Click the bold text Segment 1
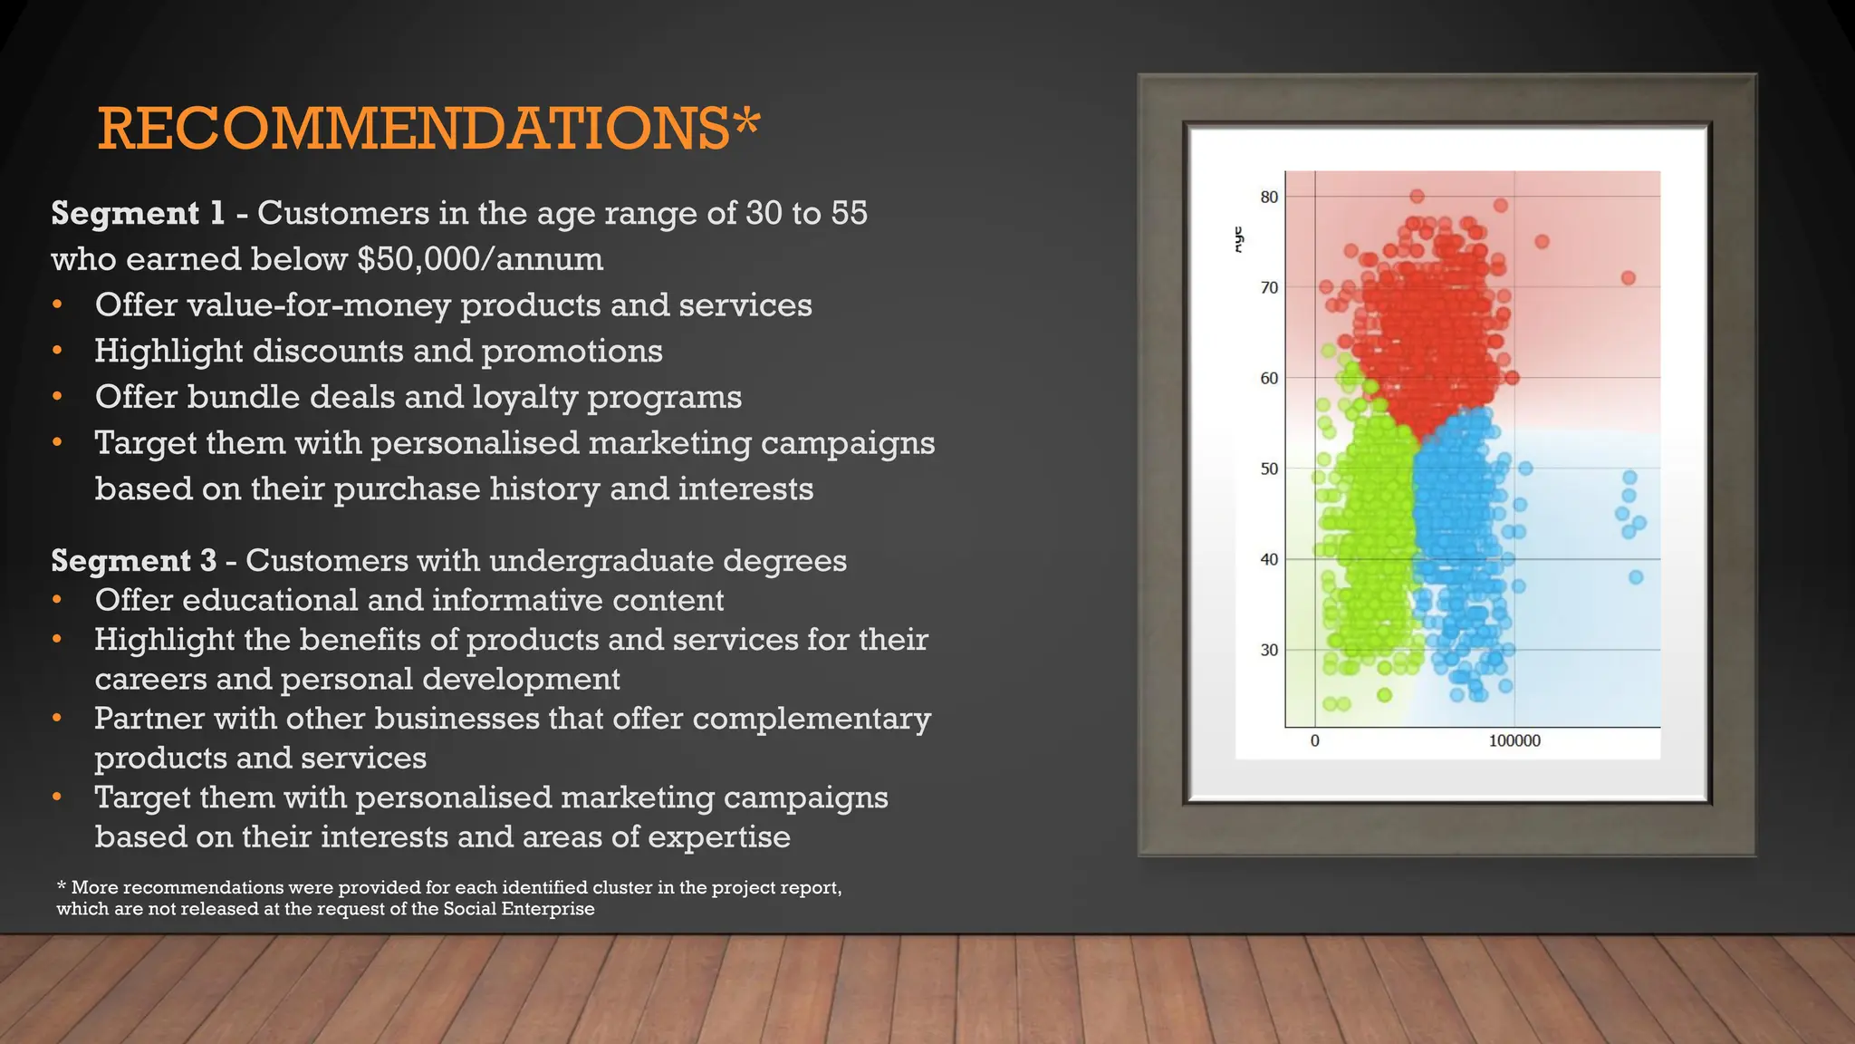click(x=138, y=213)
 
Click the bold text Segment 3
click(x=133, y=560)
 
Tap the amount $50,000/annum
click(x=479, y=259)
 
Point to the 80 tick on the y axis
click(x=1269, y=197)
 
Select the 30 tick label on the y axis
click(x=1269, y=650)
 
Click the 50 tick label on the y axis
click(x=1269, y=469)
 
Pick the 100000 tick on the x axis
click(x=1514, y=740)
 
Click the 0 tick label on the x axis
click(x=1315, y=740)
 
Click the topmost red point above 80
click(x=1418, y=196)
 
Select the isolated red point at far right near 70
click(x=1629, y=277)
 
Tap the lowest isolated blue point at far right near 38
click(x=1636, y=576)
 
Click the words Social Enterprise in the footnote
click(x=518, y=909)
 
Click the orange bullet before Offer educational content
click(x=57, y=600)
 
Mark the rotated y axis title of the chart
click(x=1239, y=239)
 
